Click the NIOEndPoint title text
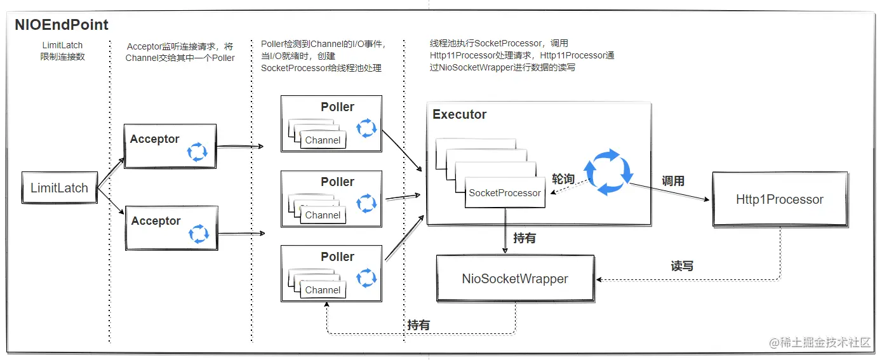pyautogui.click(x=62, y=25)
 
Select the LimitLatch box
pyautogui.click(x=59, y=188)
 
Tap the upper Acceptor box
pyautogui.click(x=170, y=146)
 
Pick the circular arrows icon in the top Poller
pyautogui.click(x=366, y=128)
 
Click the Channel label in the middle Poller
pyautogui.click(x=323, y=215)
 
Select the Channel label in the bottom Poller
pyautogui.click(x=323, y=290)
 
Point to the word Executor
pyautogui.click(x=459, y=115)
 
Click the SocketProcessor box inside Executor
pyautogui.click(x=505, y=193)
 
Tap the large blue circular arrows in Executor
pyautogui.click(x=608, y=171)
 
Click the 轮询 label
pyautogui.click(x=563, y=179)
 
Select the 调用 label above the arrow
pyautogui.click(x=673, y=181)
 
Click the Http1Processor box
pyautogui.click(x=779, y=199)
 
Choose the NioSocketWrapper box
pyautogui.click(x=515, y=278)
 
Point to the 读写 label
pyautogui.click(x=682, y=266)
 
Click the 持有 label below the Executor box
pyautogui.click(x=525, y=238)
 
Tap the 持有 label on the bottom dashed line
pyautogui.click(x=418, y=325)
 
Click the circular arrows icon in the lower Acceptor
pyautogui.click(x=199, y=234)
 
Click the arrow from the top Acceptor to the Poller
pyautogui.click(x=240, y=147)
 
